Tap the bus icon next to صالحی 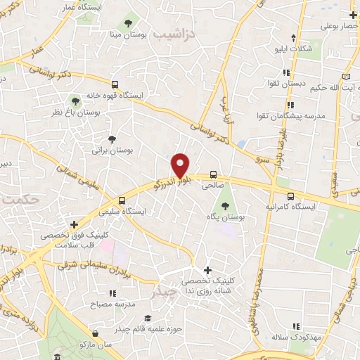pos(212,175)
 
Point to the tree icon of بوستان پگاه pos(224,206)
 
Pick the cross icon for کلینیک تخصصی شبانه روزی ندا pos(207,269)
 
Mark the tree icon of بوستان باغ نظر pos(75,99)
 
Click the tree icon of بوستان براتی pos(112,138)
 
